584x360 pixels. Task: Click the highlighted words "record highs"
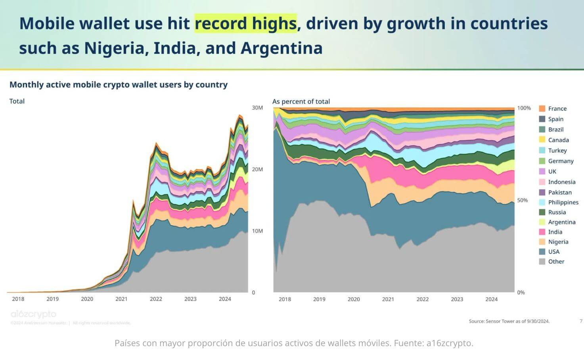pyautogui.click(x=245, y=23)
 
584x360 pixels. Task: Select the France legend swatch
pyautogui.click(x=542, y=109)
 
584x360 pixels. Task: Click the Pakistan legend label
pyautogui.click(x=560, y=192)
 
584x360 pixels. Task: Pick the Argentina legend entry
pyautogui.click(x=561, y=222)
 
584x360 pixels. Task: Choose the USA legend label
pyautogui.click(x=553, y=252)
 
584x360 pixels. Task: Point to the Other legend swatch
pyautogui.click(x=542, y=262)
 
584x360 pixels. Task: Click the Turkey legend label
pyautogui.click(x=557, y=151)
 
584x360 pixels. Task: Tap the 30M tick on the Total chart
pyautogui.click(x=257, y=108)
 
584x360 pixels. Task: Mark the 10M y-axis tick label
pyautogui.click(x=257, y=231)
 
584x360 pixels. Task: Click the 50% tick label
pyautogui.click(x=523, y=200)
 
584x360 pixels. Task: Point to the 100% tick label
pyautogui.click(x=524, y=108)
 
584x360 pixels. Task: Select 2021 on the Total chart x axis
pyautogui.click(x=121, y=299)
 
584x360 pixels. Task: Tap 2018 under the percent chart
pyautogui.click(x=285, y=299)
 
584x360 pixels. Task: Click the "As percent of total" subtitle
pyautogui.click(x=301, y=101)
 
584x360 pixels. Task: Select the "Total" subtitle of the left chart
pyautogui.click(x=17, y=101)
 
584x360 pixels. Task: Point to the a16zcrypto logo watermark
pyautogui.click(x=33, y=314)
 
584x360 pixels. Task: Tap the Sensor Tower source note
pyautogui.click(x=509, y=321)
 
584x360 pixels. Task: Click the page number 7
pyautogui.click(x=581, y=321)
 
